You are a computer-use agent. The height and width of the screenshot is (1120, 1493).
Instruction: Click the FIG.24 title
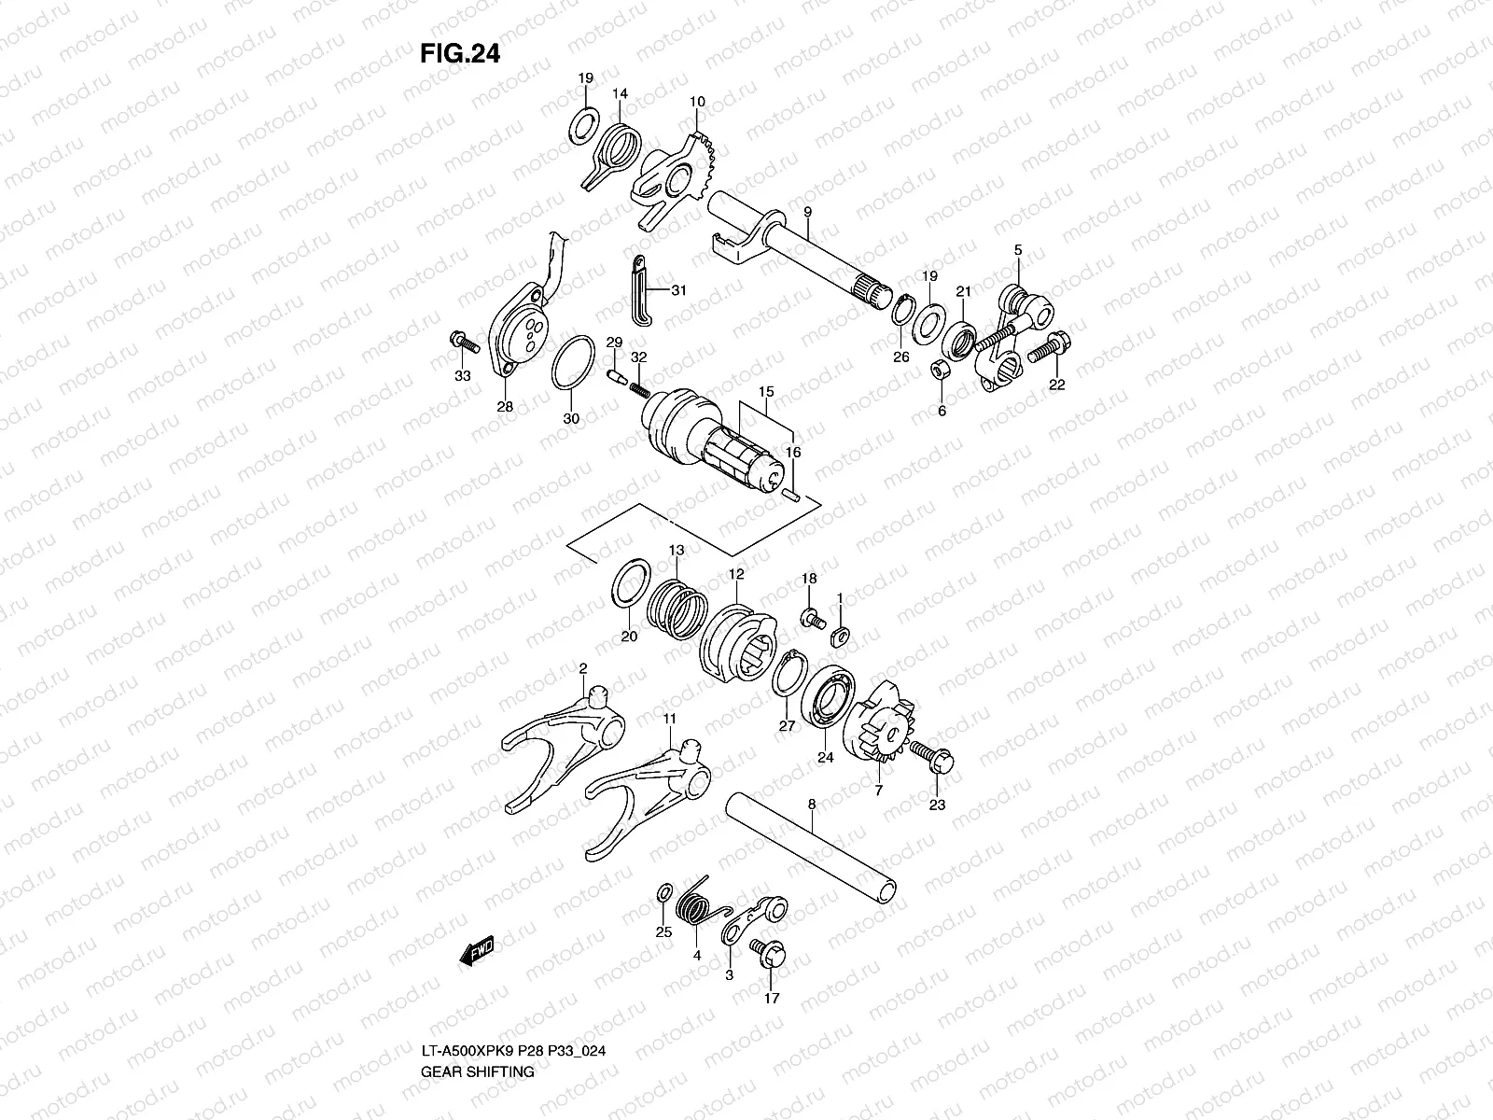pos(460,54)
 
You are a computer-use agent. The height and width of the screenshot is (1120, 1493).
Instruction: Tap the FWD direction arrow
pos(476,949)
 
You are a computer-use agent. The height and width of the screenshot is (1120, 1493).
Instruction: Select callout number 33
pos(463,376)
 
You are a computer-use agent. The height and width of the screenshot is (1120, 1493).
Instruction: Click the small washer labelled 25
pos(663,892)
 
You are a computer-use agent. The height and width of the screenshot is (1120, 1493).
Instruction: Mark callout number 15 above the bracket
pos(766,391)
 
